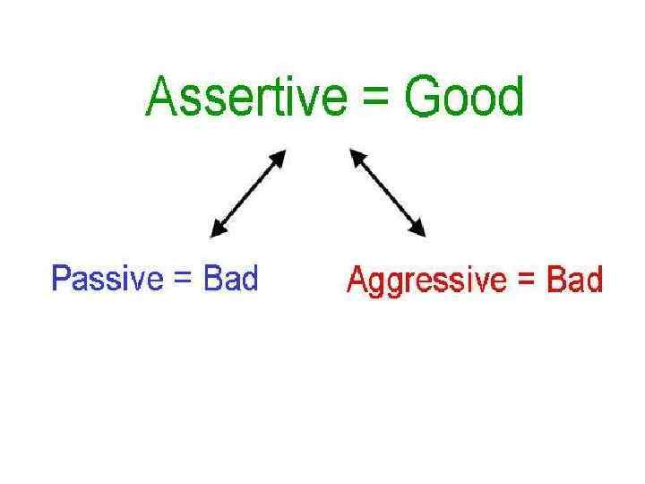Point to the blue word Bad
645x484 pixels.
coord(231,279)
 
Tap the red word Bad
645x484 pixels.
coord(574,281)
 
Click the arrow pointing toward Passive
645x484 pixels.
coord(246,193)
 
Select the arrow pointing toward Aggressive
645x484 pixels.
coord(388,193)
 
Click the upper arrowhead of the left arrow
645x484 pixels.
coord(279,158)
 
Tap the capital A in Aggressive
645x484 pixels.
coord(357,281)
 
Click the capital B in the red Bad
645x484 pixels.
coord(555,281)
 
